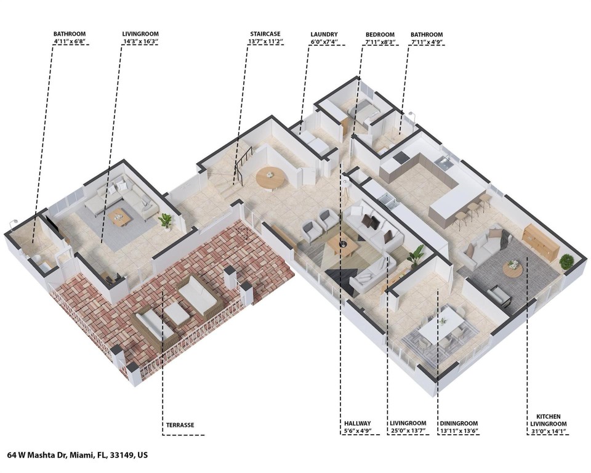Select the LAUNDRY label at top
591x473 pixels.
pos(324,34)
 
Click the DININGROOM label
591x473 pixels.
pos(459,424)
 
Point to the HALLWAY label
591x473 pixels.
pos(358,424)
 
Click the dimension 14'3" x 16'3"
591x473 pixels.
pos(140,42)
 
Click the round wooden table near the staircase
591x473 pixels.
pos(270,176)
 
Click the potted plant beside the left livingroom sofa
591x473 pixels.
pos(165,220)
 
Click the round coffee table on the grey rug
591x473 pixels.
pos(512,267)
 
